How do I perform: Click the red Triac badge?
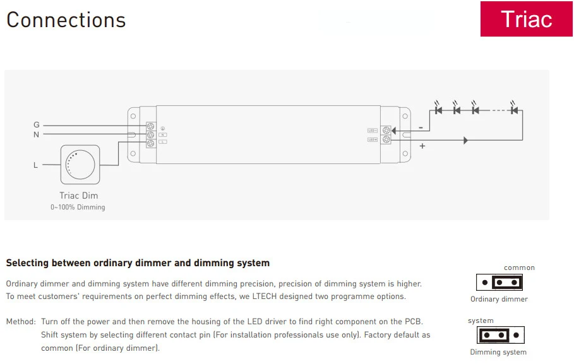click(x=526, y=19)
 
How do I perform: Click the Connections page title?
click(x=66, y=20)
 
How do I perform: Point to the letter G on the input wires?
click(x=37, y=125)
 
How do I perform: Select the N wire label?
click(x=37, y=134)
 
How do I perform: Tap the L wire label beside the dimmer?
click(x=36, y=165)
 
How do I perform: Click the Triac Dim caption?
click(x=79, y=196)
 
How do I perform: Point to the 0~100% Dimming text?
click(x=78, y=207)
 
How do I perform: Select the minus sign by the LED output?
click(x=421, y=127)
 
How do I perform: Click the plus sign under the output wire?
click(x=422, y=146)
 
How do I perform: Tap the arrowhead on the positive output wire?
click(x=466, y=140)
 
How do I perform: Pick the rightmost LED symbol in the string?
click(x=514, y=110)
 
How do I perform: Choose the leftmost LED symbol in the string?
click(x=438, y=110)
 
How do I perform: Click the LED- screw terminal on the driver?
click(x=385, y=131)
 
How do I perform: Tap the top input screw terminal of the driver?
click(x=151, y=126)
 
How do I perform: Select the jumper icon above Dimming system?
click(x=501, y=335)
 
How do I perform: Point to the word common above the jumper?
click(x=519, y=267)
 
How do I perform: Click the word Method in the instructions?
click(x=20, y=321)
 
